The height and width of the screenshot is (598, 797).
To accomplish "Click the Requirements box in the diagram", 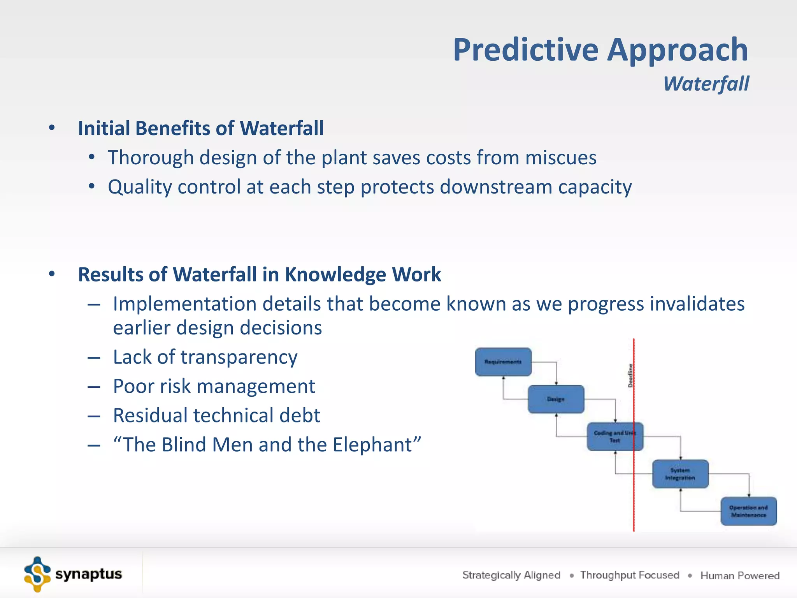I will (503, 362).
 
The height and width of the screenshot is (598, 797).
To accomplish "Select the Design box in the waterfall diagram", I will (556, 399).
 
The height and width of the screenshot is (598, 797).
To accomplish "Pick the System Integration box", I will (680, 474).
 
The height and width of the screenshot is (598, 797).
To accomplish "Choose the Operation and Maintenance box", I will (748, 511).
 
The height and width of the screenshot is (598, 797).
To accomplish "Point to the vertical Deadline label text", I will (630, 375).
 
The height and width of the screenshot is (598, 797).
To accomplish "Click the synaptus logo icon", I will (37, 574).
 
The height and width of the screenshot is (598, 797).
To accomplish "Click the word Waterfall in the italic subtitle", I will (706, 84).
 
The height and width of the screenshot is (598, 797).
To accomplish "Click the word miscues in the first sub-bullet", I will (560, 158).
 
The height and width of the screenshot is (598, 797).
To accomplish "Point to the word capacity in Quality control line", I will (595, 187).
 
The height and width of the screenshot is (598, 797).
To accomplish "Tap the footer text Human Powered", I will (740, 575).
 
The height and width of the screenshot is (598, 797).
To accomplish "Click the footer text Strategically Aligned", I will (511, 575).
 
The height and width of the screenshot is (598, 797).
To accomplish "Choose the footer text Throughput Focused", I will (629, 575).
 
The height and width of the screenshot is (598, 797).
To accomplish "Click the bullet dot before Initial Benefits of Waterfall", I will (52, 128).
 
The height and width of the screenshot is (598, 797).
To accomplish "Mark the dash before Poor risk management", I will (94, 387).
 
